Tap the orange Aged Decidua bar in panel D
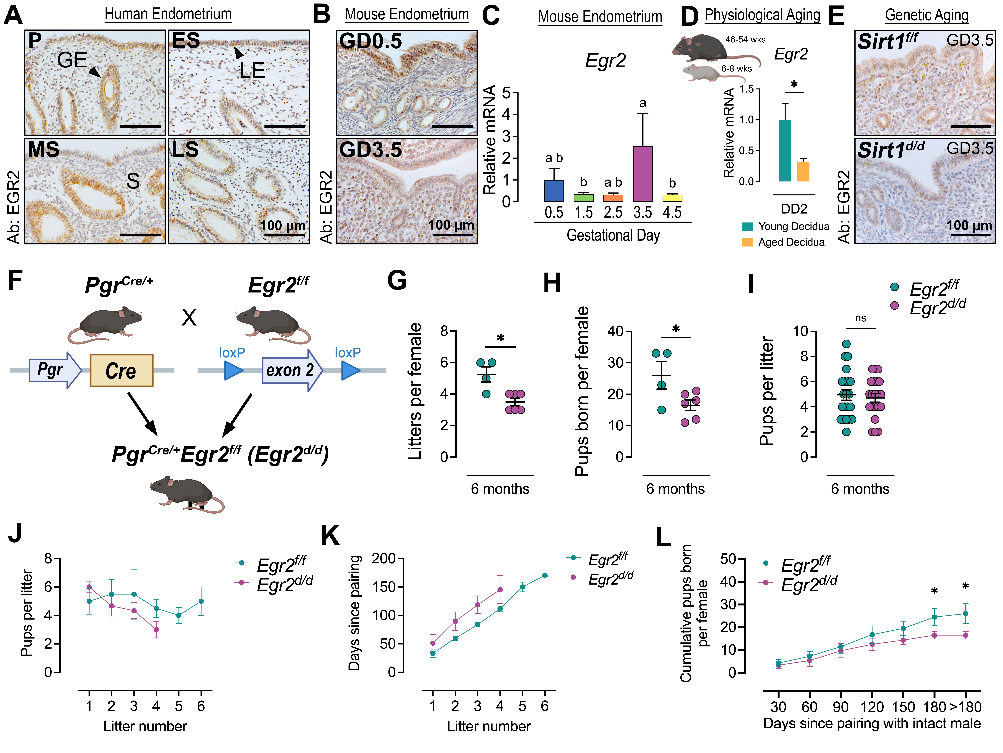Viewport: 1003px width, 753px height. pyautogui.click(x=803, y=172)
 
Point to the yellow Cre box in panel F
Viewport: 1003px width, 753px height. pyautogui.click(x=121, y=370)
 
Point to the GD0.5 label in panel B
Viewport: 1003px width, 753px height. pyautogui.click(x=370, y=41)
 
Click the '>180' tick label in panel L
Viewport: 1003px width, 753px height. pyautogui.click(x=966, y=707)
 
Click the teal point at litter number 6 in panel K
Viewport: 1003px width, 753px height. pyautogui.click(x=545, y=575)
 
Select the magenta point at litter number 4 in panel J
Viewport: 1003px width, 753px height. pyautogui.click(x=156, y=630)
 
